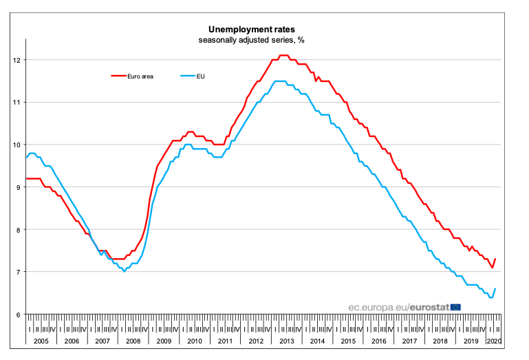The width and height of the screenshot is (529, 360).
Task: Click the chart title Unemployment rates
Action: click(x=252, y=30)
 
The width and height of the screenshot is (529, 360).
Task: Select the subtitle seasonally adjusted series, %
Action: click(x=252, y=40)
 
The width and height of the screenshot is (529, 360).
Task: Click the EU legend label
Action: click(x=201, y=76)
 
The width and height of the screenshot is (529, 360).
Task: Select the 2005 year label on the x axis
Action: click(x=41, y=341)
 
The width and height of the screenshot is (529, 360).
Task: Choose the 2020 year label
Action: click(x=494, y=341)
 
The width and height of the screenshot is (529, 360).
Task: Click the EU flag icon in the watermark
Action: click(x=455, y=306)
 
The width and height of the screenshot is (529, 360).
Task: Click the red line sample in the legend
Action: click(x=120, y=76)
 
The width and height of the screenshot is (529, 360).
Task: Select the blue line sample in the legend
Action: click(x=187, y=76)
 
